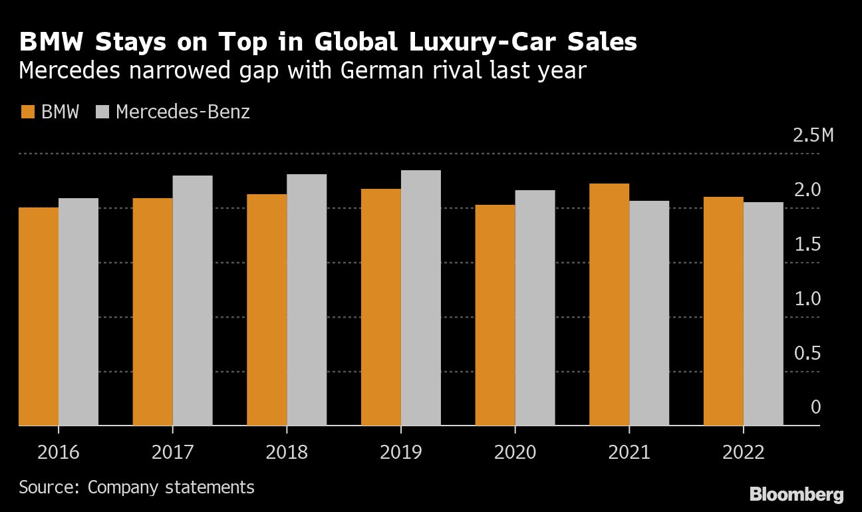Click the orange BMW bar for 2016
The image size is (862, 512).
pyautogui.click(x=39, y=317)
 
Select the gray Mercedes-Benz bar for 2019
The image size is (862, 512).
pyautogui.click(x=421, y=298)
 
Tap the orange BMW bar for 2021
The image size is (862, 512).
pyautogui.click(x=609, y=305)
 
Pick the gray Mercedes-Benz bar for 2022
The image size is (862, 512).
pyautogui.click(x=763, y=314)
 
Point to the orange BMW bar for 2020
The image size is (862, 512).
pyautogui.click(x=495, y=315)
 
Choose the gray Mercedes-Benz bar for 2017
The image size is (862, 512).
pyautogui.click(x=192, y=301)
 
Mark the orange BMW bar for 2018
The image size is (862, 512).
pyautogui.click(x=267, y=310)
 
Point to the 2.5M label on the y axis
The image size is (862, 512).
pyautogui.click(x=813, y=136)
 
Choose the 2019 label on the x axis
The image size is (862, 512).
pyautogui.click(x=401, y=453)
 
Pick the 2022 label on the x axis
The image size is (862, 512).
pyautogui.click(x=744, y=453)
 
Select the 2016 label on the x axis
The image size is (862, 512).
pyautogui.click(x=59, y=453)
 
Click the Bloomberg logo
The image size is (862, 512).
pyautogui.click(x=797, y=494)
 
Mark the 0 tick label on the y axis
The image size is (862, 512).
pyautogui.click(x=815, y=407)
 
